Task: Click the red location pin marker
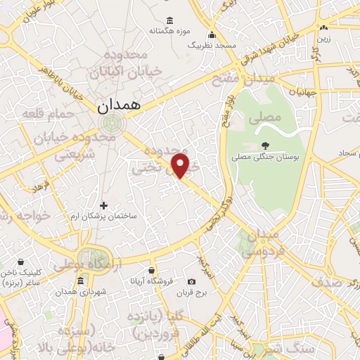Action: pos(181,165)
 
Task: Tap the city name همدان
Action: pos(117,106)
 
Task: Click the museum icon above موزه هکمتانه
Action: pos(169,20)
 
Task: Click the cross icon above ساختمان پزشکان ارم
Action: pos(104,205)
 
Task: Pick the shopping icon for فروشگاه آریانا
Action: pos(152,270)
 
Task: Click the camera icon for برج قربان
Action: pos(192,283)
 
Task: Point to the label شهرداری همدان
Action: pos(62,292)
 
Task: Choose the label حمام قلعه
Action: pos(41,112)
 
